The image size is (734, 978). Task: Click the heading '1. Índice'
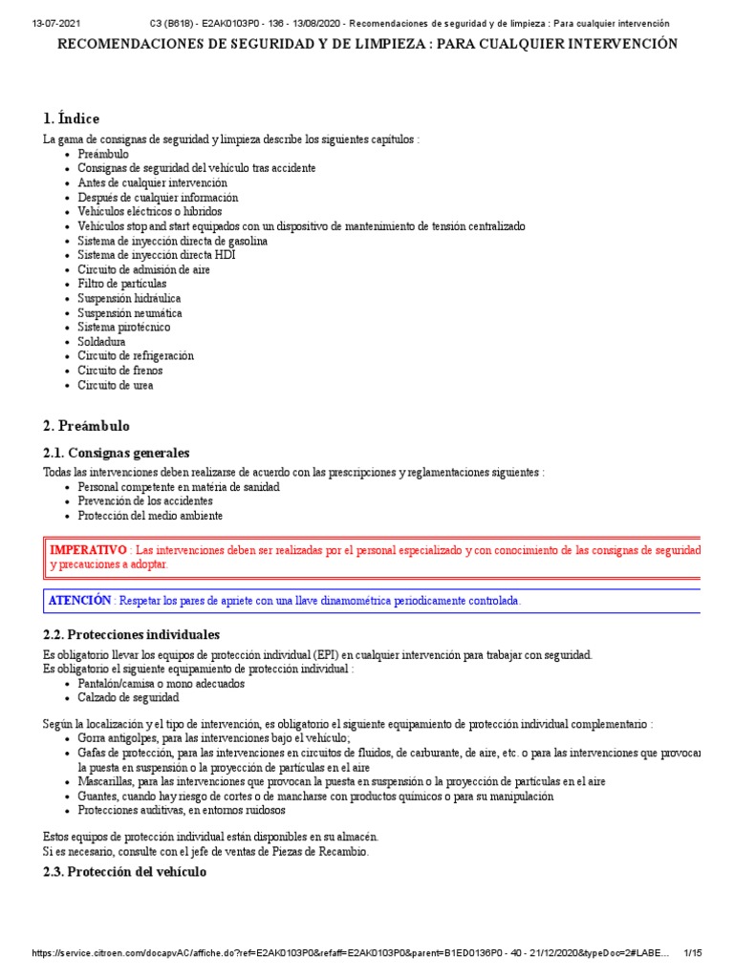[71, 118]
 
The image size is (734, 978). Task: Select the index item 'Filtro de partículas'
[121, 284]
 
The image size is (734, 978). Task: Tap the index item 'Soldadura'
[101, 341]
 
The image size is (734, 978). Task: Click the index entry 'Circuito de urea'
[115, 385]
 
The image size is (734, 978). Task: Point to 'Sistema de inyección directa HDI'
[156, 255]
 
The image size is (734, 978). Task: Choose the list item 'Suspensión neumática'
[129, 312]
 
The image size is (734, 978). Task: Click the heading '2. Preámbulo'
[86, 426]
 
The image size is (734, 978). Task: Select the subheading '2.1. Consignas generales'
[117, 453]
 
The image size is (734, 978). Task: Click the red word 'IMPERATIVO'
[88, 550]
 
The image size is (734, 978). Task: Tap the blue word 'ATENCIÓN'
[80, 600]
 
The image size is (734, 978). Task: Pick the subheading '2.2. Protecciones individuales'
[132, 634]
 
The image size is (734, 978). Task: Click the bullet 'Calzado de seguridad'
[128, 698]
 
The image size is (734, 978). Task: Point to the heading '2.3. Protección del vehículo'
[124, 872]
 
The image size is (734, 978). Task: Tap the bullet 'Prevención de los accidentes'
[145, 500]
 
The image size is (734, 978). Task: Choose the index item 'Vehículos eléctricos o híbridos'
[149, 211]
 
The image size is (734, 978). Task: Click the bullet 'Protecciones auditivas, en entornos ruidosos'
[182, 810]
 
